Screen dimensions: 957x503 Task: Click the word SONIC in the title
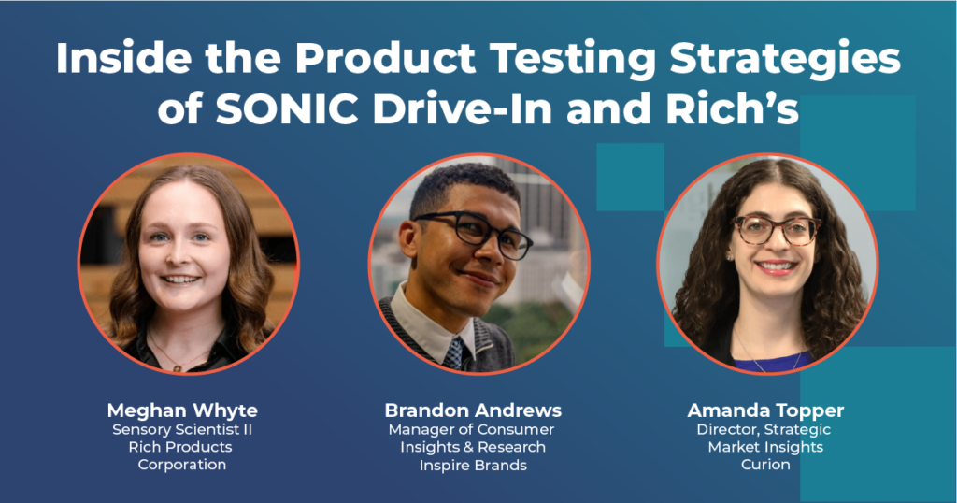287,108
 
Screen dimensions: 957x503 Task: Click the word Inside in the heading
124,58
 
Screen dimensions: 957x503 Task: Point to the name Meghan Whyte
182,410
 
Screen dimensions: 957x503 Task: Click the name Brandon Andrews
473,410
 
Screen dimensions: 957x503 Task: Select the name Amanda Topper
765,410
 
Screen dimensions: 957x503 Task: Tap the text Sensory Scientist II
182,429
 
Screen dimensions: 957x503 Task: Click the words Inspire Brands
473,466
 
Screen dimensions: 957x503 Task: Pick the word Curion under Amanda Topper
765,465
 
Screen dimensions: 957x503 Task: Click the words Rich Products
180,447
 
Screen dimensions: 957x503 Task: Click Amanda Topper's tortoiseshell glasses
777,229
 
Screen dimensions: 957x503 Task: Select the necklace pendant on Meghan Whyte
178,368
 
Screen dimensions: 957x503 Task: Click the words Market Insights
765,447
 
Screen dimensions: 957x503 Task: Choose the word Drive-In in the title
463,108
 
